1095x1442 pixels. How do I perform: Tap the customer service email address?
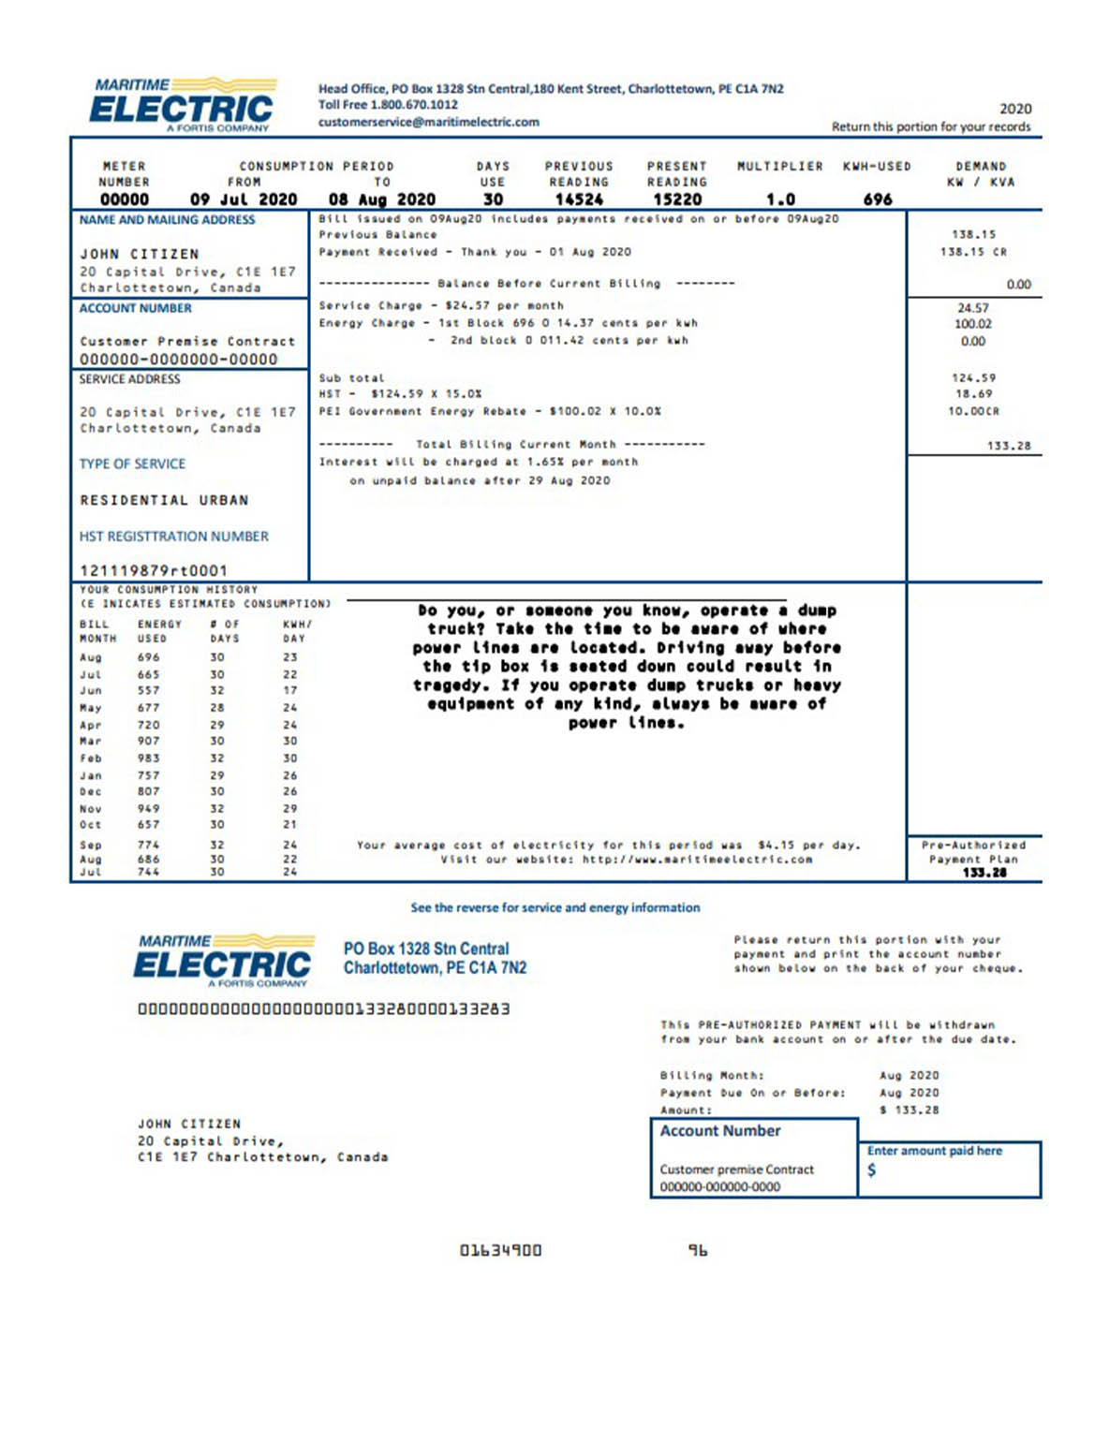point(428,122)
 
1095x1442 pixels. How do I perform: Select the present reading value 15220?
point(677,199)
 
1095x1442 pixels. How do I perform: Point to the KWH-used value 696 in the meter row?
point(878,199)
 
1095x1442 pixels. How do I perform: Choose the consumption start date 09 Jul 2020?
point(244,199)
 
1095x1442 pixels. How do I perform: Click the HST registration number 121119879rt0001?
point(154,570)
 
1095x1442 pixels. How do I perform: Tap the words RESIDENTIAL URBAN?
point(164,500)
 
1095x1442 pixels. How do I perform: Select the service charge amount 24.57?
point(973,308)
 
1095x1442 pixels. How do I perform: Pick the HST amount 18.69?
point(973,394)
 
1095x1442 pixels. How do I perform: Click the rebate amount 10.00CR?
point(973,411)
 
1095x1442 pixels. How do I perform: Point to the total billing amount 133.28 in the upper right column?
point(1008,446)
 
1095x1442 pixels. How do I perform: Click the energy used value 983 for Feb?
point(149,758)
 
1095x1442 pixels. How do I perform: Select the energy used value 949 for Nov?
point(149,809)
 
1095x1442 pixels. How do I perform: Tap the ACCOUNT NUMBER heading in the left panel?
point(135,308)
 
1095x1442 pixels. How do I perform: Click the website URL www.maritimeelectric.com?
point(697,860)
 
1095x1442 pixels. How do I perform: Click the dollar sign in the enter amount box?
point(872,1170)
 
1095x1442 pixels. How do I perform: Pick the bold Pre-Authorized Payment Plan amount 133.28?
point(984,873)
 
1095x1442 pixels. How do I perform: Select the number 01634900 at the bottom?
point(500,1250)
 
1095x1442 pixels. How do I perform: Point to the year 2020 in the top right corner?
point(1015,109)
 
